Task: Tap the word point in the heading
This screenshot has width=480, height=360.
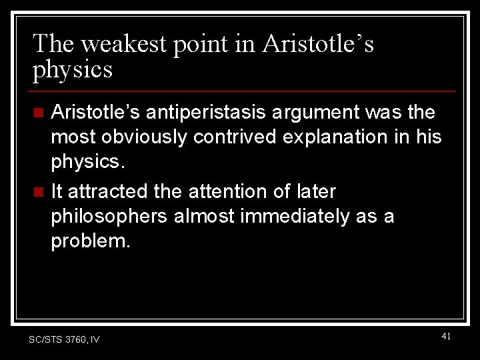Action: tap(200, 44)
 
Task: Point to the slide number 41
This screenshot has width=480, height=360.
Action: tap(446, 337)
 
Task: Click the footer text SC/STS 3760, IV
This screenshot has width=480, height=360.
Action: tap(64, 340)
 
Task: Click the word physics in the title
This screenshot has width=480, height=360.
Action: tap(73, 69)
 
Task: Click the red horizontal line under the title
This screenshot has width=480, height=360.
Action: tap(244, 91)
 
